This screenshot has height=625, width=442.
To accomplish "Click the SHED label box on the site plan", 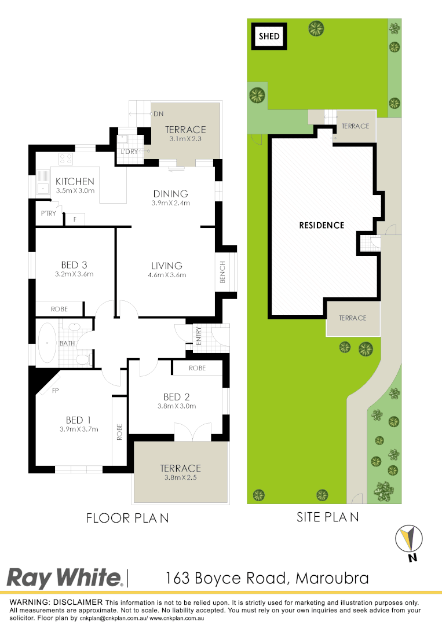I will tap(269, 36).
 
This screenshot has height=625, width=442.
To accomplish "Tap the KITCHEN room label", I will tap(75, 182).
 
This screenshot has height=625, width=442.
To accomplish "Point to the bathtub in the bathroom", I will tap(46, 343).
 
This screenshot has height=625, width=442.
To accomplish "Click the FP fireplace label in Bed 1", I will tap(56, 391).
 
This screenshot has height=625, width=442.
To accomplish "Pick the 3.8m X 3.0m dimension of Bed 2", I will tap(177, 406).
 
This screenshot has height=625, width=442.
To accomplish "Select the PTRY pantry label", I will tap(48, 214).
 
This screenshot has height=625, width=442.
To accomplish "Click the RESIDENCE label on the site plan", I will tap(322, 225).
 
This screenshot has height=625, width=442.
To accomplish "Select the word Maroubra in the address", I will tap(332, 578).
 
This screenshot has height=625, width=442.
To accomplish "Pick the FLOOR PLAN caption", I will tap(127, 517).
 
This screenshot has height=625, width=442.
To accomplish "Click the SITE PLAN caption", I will tap(327, 517).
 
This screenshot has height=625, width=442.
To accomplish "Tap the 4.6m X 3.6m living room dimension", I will tap(167, 275).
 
